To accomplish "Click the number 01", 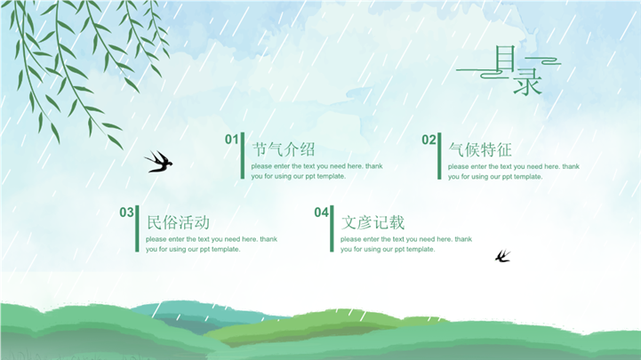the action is point(231,140).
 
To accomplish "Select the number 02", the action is point(429,140).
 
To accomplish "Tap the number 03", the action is point(126,212).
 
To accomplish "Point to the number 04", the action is point(321,212).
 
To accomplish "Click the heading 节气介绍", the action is point(284,149).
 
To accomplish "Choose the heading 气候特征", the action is point(480,149).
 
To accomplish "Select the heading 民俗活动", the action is point(178,222).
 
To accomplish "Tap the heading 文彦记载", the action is point(373,222).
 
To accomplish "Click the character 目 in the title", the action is point(505,58).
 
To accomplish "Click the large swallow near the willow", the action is point(158,162).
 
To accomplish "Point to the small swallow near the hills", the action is point(503,256).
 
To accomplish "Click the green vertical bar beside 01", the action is point(243,156).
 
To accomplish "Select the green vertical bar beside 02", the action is point(439,156).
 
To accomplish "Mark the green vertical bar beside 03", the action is point(137,228).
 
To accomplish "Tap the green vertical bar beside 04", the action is point(332,228).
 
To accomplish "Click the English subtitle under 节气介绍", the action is point(316,172).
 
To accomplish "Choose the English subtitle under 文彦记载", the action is point(406,244).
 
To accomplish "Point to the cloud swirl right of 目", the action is point(544,61).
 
